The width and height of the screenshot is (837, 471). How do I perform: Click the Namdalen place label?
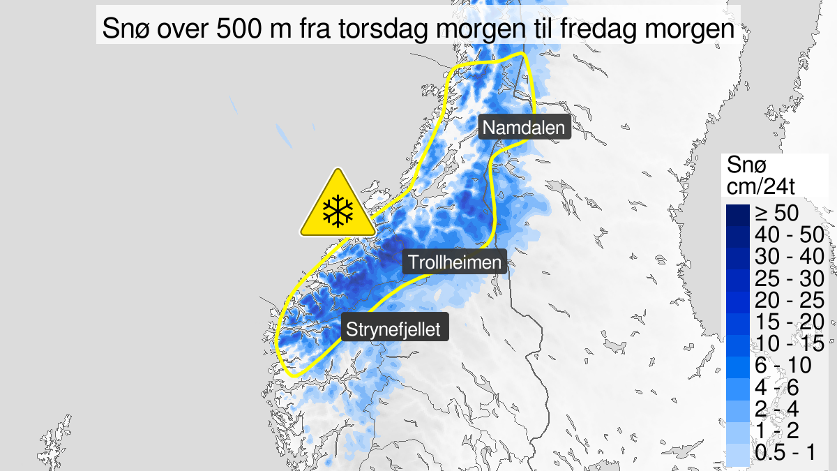tap(525, 128)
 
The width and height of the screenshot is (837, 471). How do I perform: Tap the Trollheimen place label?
tap(455, 262)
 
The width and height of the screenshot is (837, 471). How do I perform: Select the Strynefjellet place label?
tap(395, 329)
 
